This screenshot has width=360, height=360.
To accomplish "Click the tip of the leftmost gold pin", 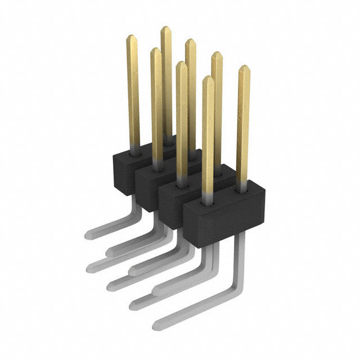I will [131, 37].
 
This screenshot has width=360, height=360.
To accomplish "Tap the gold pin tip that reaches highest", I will [166, 28].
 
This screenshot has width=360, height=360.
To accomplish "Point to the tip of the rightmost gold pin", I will [244, 68].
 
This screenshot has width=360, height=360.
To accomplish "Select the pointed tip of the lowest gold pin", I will [208, 78].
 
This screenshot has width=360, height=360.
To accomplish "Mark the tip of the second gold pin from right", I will [217, 54].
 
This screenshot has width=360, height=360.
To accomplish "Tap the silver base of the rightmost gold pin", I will [243, 185].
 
